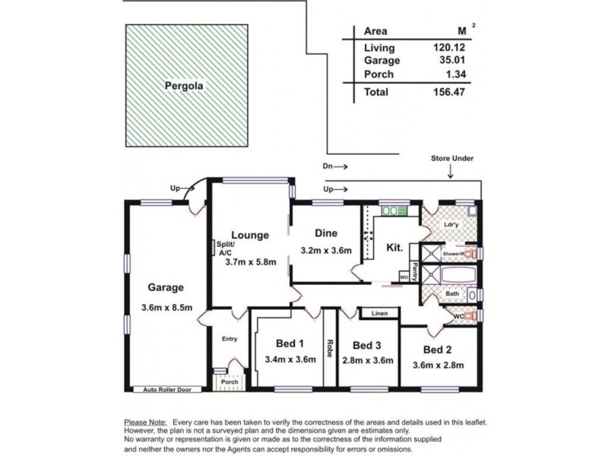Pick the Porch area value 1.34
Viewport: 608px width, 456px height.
point(454,74)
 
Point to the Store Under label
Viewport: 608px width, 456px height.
point(452,158)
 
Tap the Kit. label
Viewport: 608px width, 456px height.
point(395,248)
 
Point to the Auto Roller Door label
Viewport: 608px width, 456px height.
point(167,389)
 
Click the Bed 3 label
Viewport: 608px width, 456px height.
point(368,343)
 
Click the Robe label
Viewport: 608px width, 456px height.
point(331,350)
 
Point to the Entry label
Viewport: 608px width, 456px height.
point(229,339)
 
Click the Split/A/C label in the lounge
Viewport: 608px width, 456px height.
point(226,249)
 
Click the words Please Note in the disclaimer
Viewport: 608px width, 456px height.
point(146,422)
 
